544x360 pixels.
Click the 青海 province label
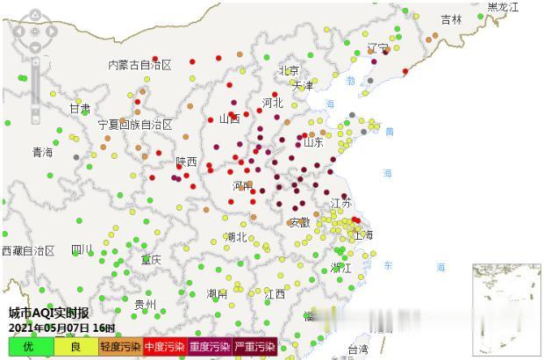pyautogui.click(x=42, y=153)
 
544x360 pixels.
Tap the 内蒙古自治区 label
pyautogui.click(x=140, y=65)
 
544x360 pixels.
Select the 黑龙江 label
pyautogui.click(x=503, y=7)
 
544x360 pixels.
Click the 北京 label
pyautogui.click(x=289, y=71)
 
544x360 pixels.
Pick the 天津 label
pyautogui.click(x=303, y=86)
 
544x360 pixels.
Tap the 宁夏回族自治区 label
pyautogui.click(x=135, y=125)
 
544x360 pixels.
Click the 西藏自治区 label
pyautogui.click(x=28, y=251)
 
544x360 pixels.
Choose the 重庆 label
pyautogui.click(x=151, y=260)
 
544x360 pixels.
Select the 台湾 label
pyautogui.click(x=358, y=349)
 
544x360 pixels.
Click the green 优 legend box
pyautogui.click(x=27, y=347)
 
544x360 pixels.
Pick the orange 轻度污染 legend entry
pyautogui.click(x=120, y=347)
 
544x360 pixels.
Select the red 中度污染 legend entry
pyautogui.click(x=165, y=347)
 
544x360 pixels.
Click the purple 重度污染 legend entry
pyautogui.click(x=210, y=347)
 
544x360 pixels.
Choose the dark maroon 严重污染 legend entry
pyautogui.click(x=254, y=347)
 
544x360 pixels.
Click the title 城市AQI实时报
pyautogui.click(x=48, y=313)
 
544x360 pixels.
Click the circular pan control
pyautogui.click(x=34, y=31)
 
